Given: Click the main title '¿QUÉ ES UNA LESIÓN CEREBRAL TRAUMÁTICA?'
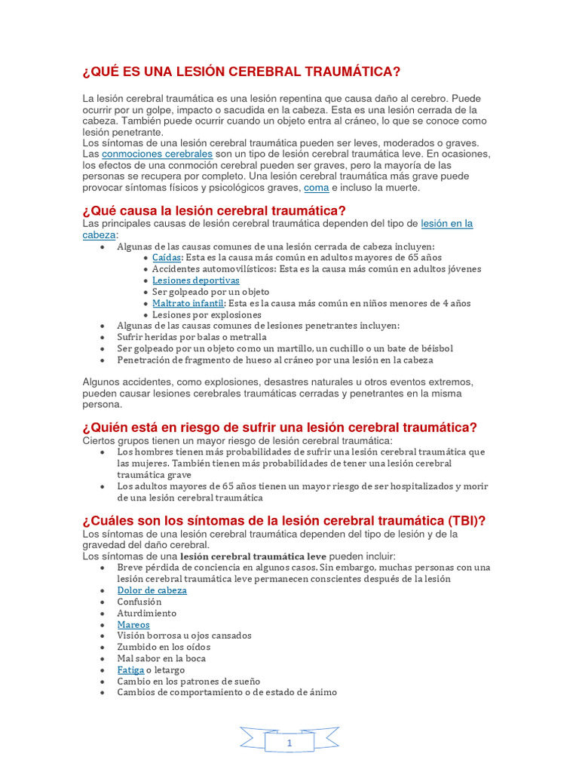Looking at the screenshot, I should tap(241, 72).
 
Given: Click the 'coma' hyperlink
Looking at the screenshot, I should tap(316, 188).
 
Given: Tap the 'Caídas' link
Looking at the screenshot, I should tap(167, 257).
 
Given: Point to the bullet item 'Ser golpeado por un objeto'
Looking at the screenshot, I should tap(210, 292).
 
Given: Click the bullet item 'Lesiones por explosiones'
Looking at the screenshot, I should tap(207, 314).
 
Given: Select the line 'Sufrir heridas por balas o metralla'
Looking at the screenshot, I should tap(191, 337).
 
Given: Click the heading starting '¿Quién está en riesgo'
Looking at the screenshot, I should tap(280, 427).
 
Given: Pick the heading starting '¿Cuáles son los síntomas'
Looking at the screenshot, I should tap(283, 521).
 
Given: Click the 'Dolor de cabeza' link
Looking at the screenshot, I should tap(152, 590).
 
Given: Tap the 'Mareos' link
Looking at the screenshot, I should tap(133, 624).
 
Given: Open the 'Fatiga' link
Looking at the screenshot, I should tap(130, 669).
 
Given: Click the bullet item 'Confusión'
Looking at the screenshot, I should tap(139, 602).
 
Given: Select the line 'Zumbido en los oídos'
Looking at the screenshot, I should tap(164, 647).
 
